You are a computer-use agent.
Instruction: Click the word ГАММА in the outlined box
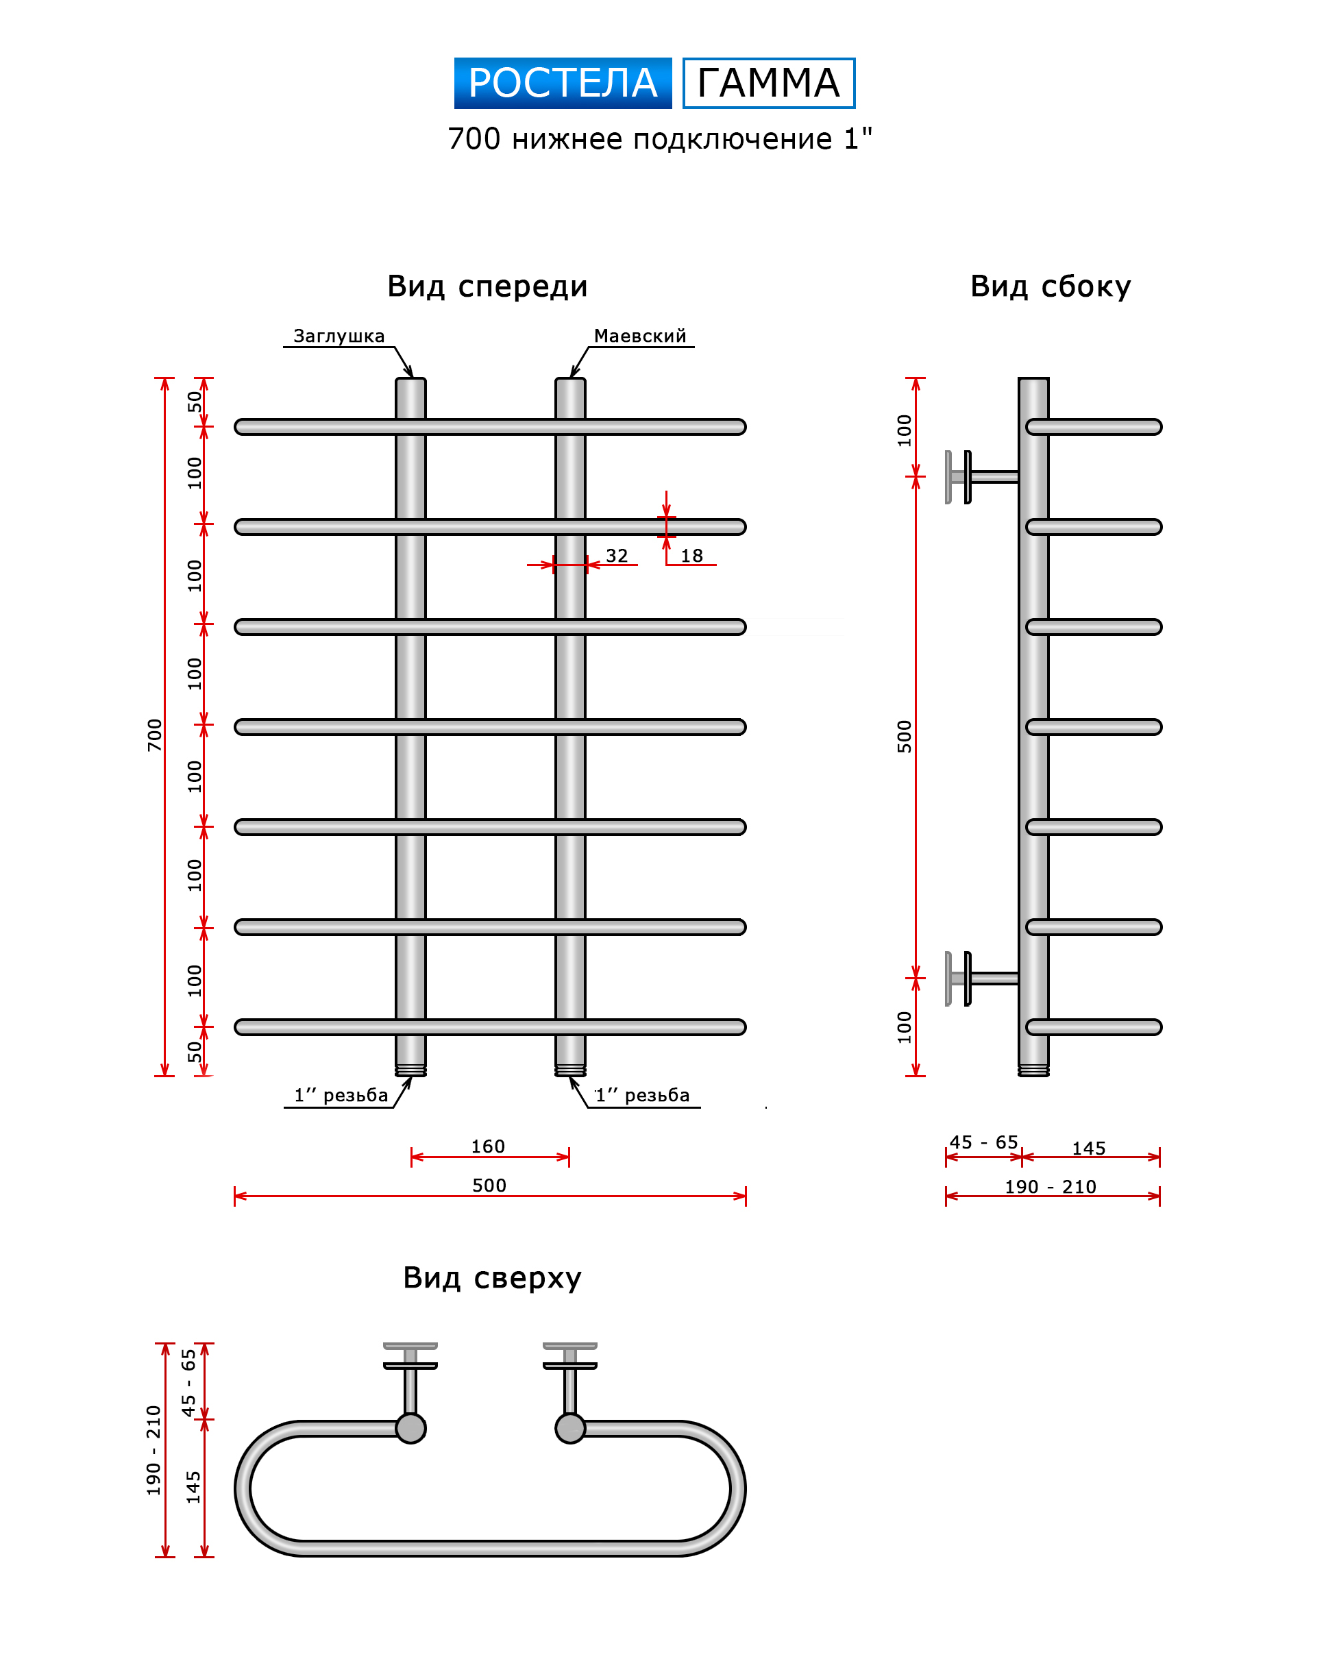(x=768, y=83)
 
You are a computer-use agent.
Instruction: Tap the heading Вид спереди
(x=487, y=286)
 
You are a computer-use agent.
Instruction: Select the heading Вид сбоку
(x=1050, y=286)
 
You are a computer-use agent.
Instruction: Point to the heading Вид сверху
(x=491, y=1277)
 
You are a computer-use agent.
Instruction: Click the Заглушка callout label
(x=339, y=336)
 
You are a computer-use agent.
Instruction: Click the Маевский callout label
(x=640, y=336)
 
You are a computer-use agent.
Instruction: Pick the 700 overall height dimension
(x=155, y=735)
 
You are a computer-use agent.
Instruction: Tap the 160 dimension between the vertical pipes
(x=488, y=1146)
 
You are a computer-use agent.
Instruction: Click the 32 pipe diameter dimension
(x=617, y=555)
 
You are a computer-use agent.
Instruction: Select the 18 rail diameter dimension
(x=691, y=555)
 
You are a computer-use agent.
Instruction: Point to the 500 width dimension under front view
(x=489, y=1185)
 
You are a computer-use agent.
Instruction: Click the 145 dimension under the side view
(x=1088, y=1148)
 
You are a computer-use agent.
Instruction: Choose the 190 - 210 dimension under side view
(x=1050, y=1187)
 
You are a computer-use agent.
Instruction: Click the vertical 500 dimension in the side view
(x=904, y=736)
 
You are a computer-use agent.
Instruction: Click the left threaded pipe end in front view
(x=410, y=1070)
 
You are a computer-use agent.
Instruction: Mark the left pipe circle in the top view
(x=410, y=1428)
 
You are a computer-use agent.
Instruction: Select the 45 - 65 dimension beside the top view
(x=188, y=1383)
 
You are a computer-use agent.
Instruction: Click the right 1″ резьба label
(x=642, y=1095)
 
